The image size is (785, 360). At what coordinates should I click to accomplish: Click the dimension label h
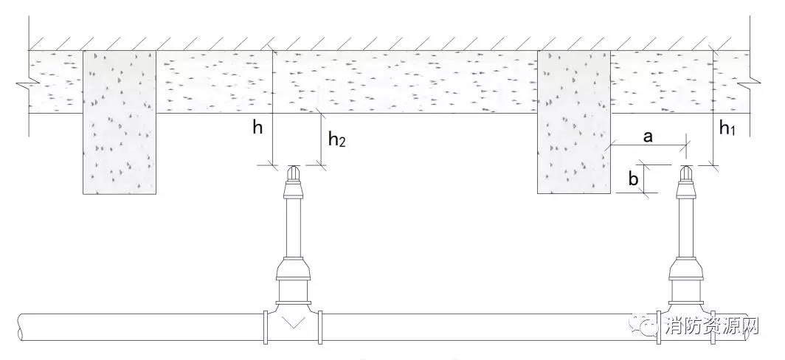[x=257, y=128]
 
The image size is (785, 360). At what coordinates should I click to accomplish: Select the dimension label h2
[x=336, y=139]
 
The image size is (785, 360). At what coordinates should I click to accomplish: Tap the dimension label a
[x=647, y=136]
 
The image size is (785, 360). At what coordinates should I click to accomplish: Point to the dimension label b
[x=632, y=179]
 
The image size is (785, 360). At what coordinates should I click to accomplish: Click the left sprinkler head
[x=294, y=175]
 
